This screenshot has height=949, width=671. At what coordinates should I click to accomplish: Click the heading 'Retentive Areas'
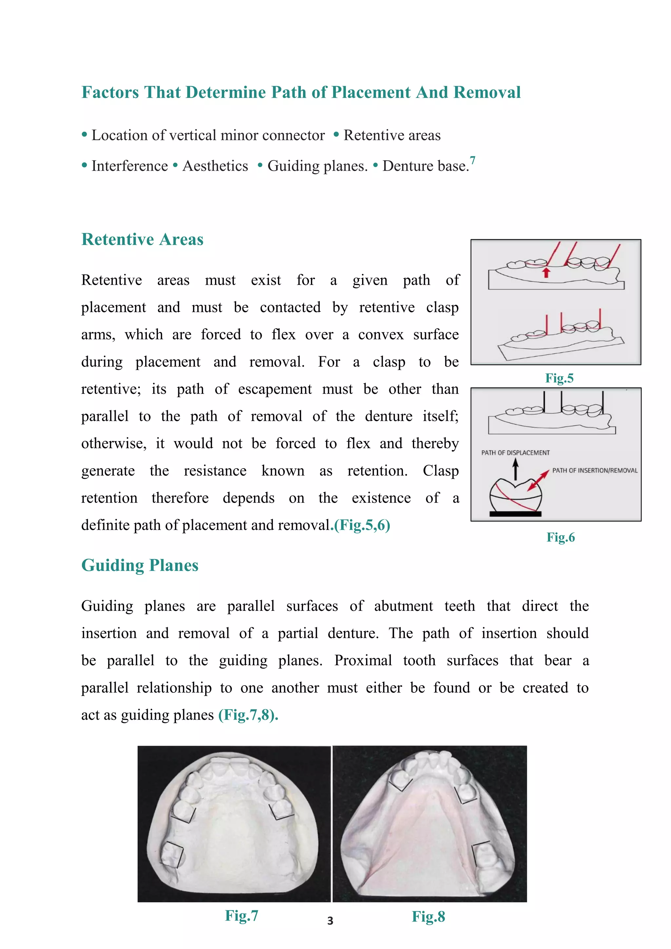142,239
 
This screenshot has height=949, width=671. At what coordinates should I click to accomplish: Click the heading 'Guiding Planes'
140,565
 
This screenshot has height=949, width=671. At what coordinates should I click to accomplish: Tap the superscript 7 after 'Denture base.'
473,160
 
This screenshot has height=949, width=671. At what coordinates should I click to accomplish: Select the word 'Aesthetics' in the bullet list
215,166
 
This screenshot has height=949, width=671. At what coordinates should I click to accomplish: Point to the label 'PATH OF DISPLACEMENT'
515,453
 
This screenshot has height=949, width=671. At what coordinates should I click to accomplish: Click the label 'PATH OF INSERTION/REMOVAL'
595,470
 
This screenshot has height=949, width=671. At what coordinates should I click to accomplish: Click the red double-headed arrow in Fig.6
538,480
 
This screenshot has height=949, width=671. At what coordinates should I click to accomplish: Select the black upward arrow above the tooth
515,469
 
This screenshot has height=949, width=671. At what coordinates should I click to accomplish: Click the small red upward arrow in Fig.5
546,272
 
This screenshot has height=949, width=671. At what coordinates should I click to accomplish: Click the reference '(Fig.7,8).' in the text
248,715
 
